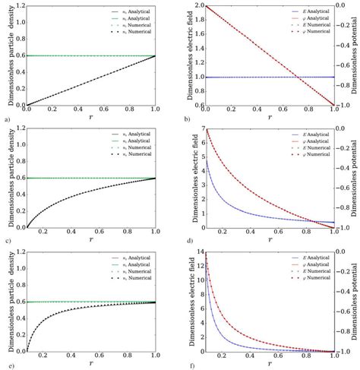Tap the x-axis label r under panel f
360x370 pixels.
270,365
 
